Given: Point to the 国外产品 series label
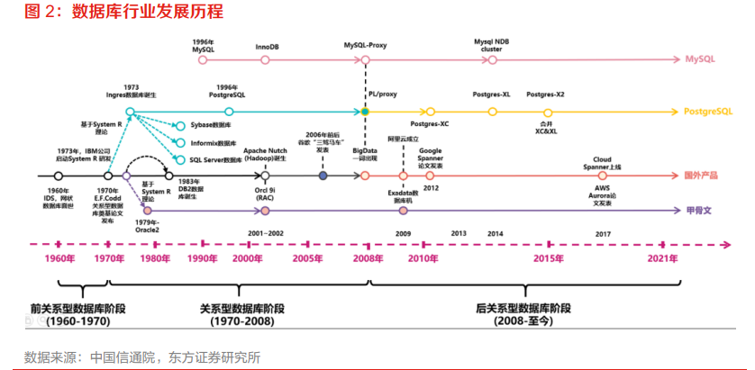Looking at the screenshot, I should [x=703, y=175].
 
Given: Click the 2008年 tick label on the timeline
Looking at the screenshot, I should [x=368, y=259].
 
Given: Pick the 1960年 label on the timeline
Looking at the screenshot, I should [x=59, y=259].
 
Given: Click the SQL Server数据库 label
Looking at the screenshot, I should [x=215, y=158].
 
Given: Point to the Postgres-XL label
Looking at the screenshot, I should [x=492, y=94].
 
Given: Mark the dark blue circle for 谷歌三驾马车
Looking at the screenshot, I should [x=323, y=176].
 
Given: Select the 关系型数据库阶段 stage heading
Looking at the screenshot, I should [x=236, y=308].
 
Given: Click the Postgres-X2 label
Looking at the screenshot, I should [x=546, y=94].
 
